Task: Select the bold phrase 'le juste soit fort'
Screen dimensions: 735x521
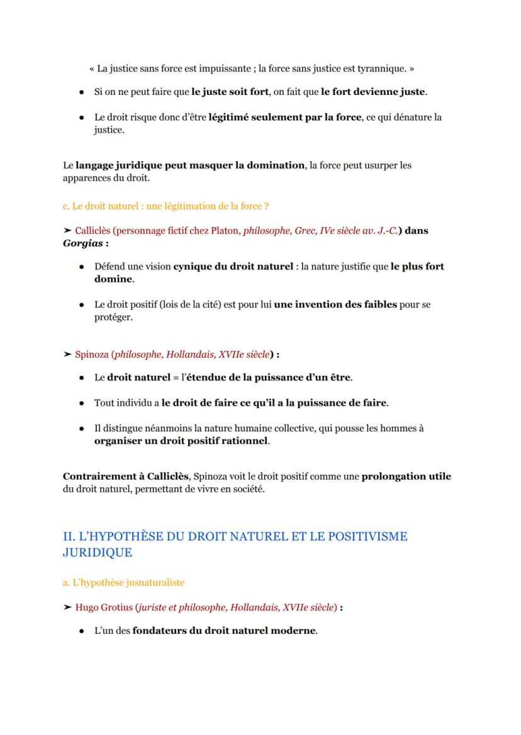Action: point(230,92)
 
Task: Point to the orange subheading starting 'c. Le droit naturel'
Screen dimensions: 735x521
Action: point(166,206)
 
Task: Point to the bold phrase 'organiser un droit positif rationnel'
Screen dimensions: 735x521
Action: point(181,441)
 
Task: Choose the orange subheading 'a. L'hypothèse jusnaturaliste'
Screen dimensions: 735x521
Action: point(123,583)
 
